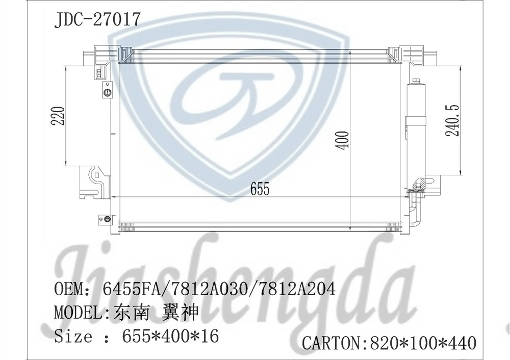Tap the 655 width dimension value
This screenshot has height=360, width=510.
point(259,189)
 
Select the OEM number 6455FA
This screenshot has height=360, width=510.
point(131,290)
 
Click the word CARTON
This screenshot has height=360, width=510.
point(331,343)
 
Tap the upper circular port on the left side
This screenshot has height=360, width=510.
point(107,92)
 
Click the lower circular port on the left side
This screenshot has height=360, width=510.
point(107,220)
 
